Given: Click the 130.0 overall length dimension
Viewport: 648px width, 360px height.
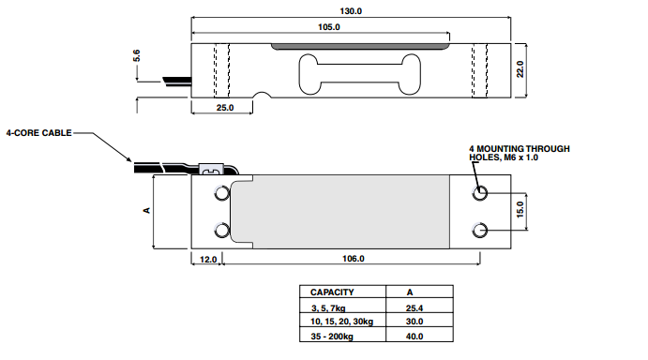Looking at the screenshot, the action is click(x=351, y=11).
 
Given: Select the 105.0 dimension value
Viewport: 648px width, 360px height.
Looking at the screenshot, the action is click(x=329, y=27).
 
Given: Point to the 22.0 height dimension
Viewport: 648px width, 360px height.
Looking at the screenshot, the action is click(x=520, y=69).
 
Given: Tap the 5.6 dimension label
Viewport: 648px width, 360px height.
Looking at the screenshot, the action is click(x=137, y=55).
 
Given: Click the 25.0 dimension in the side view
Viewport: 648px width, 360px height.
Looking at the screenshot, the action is click(x=225, y=108).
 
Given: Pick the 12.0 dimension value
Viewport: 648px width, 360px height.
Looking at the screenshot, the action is click(x=208, y=260).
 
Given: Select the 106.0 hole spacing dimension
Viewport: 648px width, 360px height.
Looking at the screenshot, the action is click(x=354, y=259).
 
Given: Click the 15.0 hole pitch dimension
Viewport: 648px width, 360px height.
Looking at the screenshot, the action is click(x=520, y=210).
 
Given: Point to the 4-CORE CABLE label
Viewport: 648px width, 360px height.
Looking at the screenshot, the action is click(x=38, y=133).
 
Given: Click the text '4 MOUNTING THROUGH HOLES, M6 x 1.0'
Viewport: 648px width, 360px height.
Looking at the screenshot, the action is click(x=520, y=153).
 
